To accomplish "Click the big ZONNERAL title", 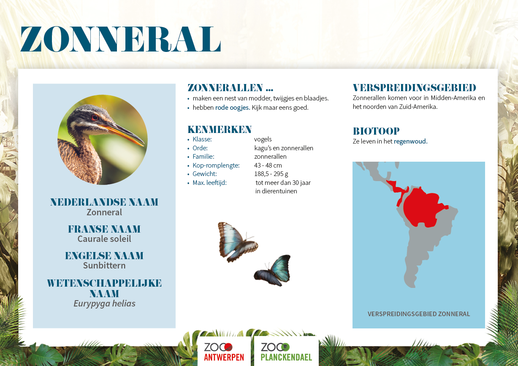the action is coord(120,39).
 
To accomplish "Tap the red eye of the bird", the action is coord(95,117).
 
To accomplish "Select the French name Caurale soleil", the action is coord(104,239).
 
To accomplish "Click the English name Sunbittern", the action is coord(104,266).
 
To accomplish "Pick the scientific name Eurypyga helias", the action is coord(104,304).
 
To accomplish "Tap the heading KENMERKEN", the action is coord(220,130).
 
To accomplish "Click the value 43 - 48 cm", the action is coord(268,165).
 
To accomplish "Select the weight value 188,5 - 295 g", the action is coord(271,174).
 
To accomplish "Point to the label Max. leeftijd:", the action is coord(209,183).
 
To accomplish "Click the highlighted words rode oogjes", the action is coord(233,108).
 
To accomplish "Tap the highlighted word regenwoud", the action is coord(411,141).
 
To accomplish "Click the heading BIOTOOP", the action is coord(376,131).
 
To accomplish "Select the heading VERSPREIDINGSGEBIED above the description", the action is coord(415,88).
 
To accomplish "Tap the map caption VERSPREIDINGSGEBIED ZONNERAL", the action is coord(419,314).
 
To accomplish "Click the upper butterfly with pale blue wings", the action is coord(237,242).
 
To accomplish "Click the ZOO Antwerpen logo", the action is coord(224,352).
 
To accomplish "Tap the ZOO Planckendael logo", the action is coord(286,352).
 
